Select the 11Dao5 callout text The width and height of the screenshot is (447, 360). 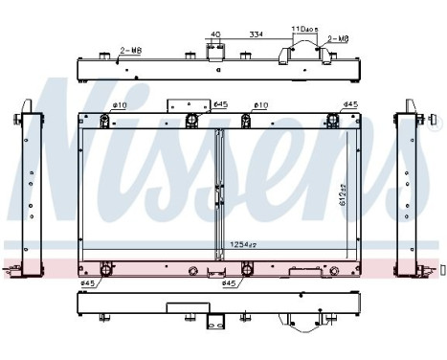(306, 30)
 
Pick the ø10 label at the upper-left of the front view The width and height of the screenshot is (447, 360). (120, 104)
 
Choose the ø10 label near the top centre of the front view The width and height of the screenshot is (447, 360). (259, 104)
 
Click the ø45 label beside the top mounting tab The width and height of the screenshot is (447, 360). (219, 104)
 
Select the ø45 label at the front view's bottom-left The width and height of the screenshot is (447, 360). (89, 282)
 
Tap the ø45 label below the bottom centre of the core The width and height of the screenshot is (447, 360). (229, 282)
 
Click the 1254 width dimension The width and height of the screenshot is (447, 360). (240, 245)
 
